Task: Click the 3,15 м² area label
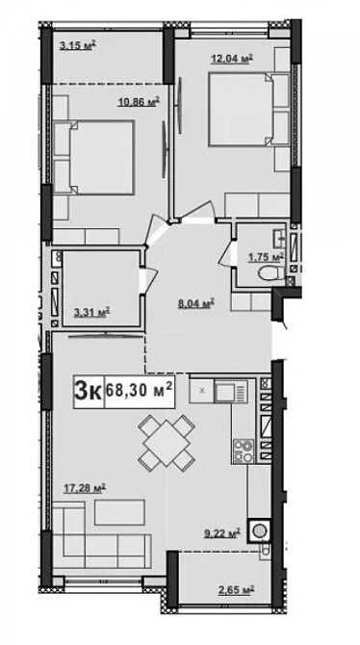tap(78, 45)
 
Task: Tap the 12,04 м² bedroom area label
tap(232, 59)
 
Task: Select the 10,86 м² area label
tap(139, 102)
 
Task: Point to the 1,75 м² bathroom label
tap(266, 257)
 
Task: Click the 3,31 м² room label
tap(91, 313)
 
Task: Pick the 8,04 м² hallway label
tap(196, 304)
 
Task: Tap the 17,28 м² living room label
tap(85, 488)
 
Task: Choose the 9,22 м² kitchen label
tap(222, 533)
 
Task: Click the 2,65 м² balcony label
tap(236, 590)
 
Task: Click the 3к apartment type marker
tap(88, 391)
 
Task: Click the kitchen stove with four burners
tap(244, 451)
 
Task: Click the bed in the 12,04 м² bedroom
tap(249, 110)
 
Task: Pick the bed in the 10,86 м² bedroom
tap(94, 157)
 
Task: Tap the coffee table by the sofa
tap(119, 512)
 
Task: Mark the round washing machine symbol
tap(259, 530)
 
